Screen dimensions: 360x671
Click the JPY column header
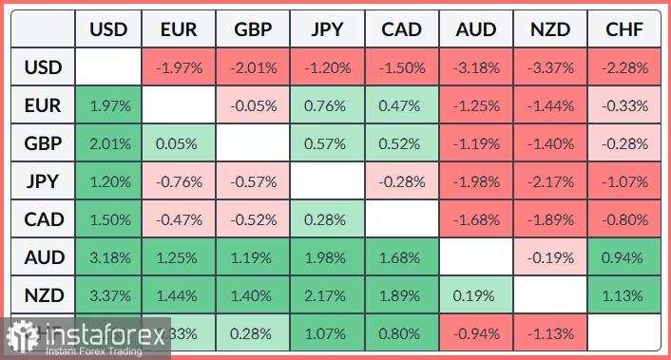[x=327, y=30]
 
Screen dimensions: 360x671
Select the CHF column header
[x=624, y=30]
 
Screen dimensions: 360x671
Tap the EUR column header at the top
[x=179, y=30]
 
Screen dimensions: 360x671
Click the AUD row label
[x=44, y=257]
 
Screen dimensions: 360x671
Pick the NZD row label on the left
[x=44, y=295]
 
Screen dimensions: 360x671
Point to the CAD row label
[x=44, y=219]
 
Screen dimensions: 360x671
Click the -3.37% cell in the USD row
[x=550, y=68]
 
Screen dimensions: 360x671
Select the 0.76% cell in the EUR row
[x=327, y=106]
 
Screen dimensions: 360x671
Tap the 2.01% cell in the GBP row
[x=108, y=144]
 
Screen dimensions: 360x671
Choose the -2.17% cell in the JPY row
[x=550, y=182]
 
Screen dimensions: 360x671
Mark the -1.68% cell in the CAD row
[x=476, y=220]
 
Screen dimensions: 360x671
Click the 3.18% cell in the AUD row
[x=108, y=258]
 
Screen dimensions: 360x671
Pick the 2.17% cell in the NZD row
[x=327, y=296]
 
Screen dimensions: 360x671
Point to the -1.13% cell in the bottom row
[x=550, y=333]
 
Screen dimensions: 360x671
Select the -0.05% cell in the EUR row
[x=253, y=106]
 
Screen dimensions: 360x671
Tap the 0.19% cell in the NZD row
[x=476, y=296]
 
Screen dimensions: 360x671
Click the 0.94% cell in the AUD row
[x=624, y=258]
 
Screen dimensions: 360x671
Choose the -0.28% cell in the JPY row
[x=401, y=182]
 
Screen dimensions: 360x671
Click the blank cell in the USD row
[x=108, y=68]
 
